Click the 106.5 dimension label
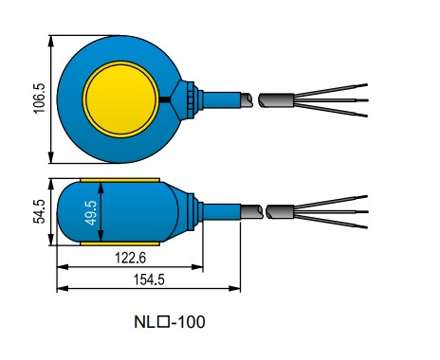pos(40,99)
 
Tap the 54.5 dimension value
pos(40,211)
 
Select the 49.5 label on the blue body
pos(91,213)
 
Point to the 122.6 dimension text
pos(130,258)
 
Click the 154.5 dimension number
pos(149,279)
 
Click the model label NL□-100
pos(170,322)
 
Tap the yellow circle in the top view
pos(120,99)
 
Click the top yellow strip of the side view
pos(119,180)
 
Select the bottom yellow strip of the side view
pos(119,243)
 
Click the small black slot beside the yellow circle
pos(165,99)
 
